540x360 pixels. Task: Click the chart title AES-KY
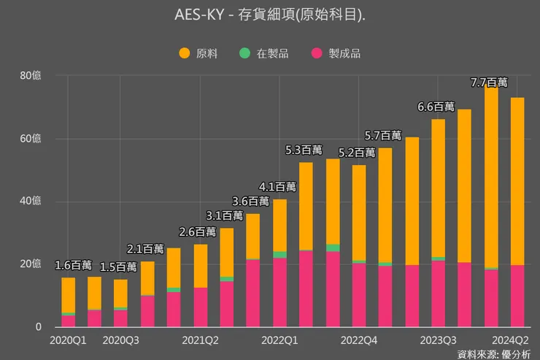coord(270,15)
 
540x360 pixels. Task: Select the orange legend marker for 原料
coord(184,53)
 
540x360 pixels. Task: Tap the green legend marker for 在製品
coord(244,53)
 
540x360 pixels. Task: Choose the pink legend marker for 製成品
coord(317,53)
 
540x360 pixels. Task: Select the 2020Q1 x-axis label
coord(68,340)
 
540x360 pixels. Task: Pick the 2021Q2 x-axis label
coord(201,340)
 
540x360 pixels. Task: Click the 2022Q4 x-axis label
coord(359,340)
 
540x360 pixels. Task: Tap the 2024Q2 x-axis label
coord(512,340)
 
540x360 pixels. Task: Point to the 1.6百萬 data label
coord(74,264)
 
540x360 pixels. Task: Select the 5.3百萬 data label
coord(304,150)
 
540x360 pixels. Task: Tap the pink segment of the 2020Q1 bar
coord(68,321)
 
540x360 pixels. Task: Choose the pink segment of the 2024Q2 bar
coord(517,296)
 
